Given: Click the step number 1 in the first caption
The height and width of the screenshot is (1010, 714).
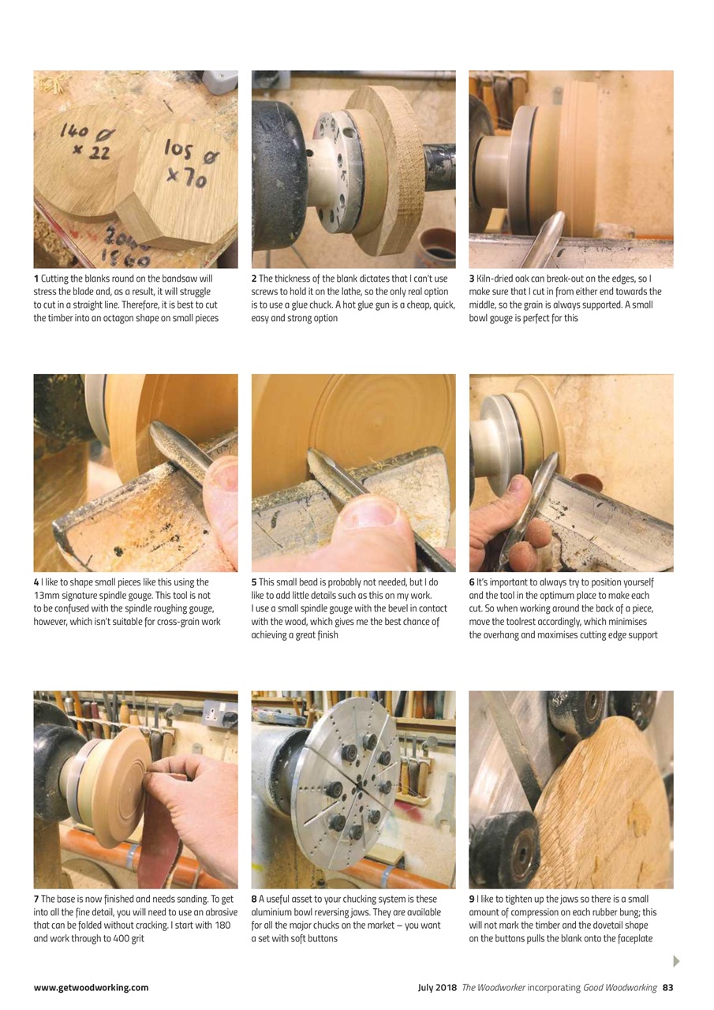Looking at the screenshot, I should (36, 279).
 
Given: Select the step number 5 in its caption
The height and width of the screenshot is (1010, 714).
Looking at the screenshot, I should (254, 582).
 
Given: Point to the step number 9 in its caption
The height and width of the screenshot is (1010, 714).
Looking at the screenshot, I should (472, 899).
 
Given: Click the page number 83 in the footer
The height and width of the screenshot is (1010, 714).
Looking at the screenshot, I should (667, 987).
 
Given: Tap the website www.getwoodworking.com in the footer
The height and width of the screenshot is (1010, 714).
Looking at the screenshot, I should (91, 987).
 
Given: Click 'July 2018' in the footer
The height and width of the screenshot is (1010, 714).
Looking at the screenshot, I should (438, 987).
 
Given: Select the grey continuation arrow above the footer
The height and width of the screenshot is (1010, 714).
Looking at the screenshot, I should (675, 960).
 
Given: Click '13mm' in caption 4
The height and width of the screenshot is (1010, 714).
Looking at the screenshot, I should (47, 596).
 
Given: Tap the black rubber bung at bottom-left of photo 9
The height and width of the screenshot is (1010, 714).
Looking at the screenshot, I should (503, 851).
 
